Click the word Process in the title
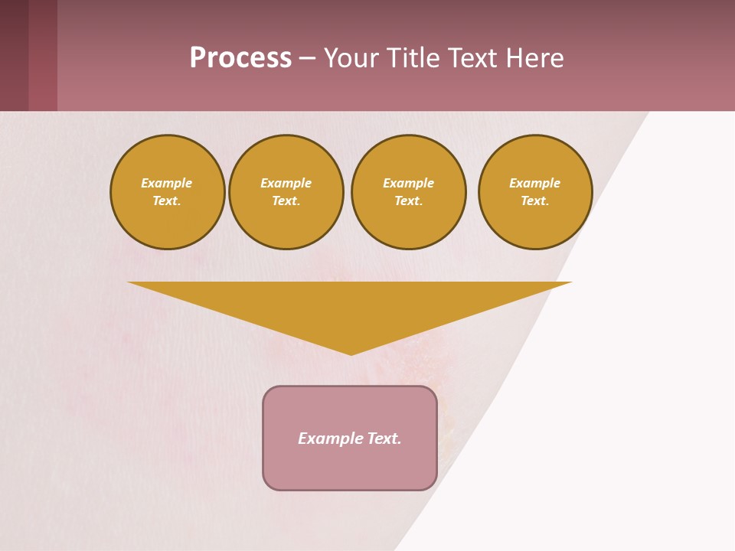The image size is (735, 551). [x=240, y=57]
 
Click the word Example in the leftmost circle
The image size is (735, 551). [x=167, y=183]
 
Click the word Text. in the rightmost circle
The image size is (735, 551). [x=535, y=201]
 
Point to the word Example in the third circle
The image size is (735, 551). [x=409, y=183]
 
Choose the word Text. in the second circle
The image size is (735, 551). [x=286, y=201]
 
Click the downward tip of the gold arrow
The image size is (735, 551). [x=351, y=353]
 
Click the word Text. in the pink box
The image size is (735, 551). [x=384, y=439]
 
